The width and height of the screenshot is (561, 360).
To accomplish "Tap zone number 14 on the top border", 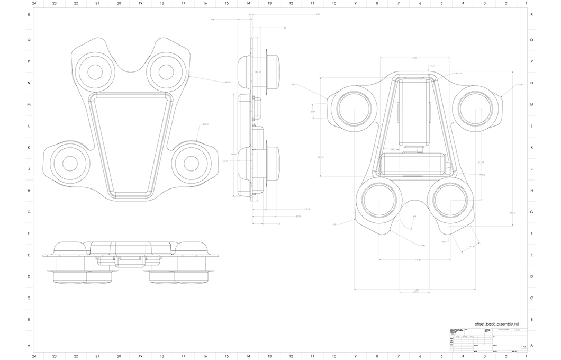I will point(248,3).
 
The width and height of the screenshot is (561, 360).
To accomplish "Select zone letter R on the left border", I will point(29,15).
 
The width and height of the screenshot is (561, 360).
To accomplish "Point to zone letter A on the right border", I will point(531,345).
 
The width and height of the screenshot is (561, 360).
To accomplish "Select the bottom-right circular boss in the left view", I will point(188,164).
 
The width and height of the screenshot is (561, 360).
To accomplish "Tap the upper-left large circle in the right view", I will point(351,111).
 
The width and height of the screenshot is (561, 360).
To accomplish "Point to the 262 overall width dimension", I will point(417,290).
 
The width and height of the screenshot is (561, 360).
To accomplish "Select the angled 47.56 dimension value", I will point(472,246).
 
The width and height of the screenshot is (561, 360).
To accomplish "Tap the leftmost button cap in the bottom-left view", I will point(68,277).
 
